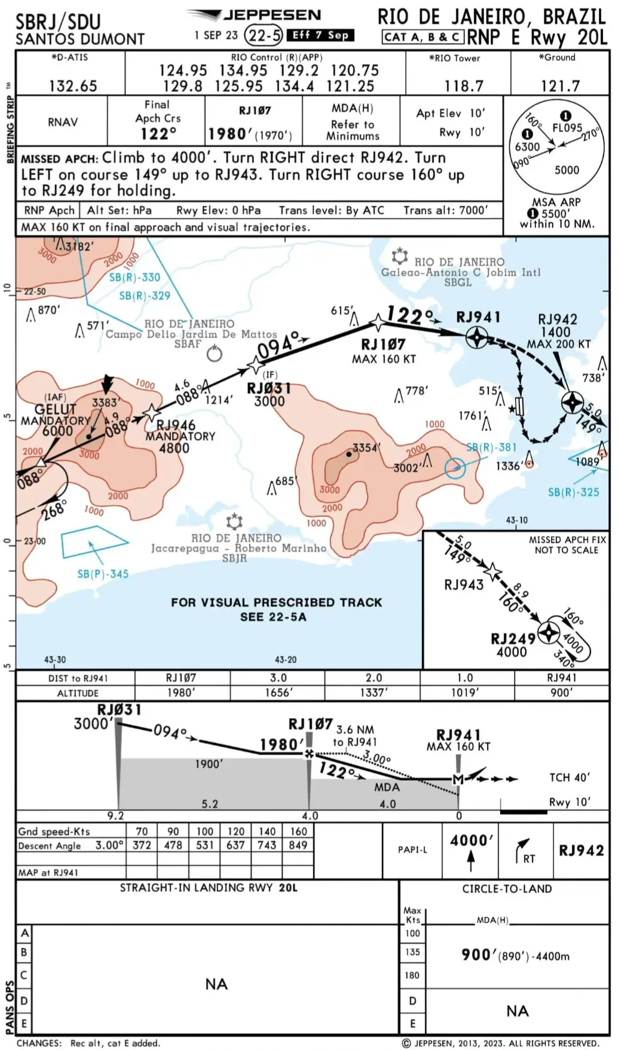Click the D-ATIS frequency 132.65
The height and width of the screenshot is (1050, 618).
(x=73, y=86)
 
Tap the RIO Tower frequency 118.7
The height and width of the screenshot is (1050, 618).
(x=463, y=86)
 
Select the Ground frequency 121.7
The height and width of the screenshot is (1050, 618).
(x=560, y=86)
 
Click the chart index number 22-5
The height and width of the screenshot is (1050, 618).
(x=264, y=35)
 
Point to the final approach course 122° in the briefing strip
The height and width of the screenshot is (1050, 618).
(x=158, y=133)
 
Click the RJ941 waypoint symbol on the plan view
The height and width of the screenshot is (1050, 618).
(x=477, y=338)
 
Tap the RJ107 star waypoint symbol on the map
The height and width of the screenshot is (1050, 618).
(x=378, y=322)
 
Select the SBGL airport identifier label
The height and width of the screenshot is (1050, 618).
(x=457, y=282)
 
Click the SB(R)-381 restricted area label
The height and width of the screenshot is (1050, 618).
(x=491, y=447)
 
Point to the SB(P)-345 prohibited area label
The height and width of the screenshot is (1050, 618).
(x=103, y=574)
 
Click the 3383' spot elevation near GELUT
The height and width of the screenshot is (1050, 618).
(x=106, y=403)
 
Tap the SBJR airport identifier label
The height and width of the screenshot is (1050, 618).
(x=234, y=558)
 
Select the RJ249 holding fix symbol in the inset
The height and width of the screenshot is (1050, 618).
(x=548, y=633)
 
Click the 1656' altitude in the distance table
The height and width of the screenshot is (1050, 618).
(x=279, y=693)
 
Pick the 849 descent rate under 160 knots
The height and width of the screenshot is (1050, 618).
(x=298, y=845)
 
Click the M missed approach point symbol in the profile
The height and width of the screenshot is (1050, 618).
(x=458, y=780)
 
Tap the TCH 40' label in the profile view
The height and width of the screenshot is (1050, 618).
(x=569, y=777)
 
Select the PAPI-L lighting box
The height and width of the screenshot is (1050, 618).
(x=412, y=850)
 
